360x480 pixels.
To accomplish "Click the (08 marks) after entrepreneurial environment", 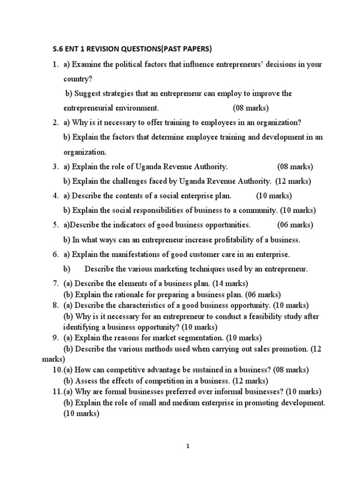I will coord(251,108).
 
